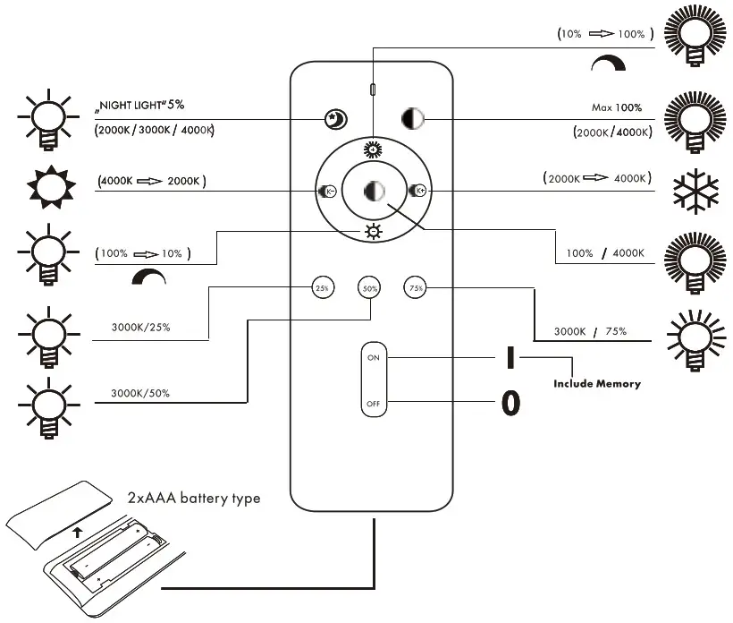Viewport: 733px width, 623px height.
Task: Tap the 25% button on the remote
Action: point(322,287)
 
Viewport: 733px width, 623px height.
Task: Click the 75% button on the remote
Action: point(414,287)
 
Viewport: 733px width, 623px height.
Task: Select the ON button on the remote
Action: point(373,357)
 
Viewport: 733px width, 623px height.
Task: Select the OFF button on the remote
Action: point(373,405)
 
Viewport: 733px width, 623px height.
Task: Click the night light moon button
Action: point(334,118)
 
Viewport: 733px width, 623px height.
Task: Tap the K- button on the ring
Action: point(326,190)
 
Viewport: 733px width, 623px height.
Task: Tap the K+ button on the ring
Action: point(417,190)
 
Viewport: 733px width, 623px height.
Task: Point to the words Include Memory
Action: point(596,383)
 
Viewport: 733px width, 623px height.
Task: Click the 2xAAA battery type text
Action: point(193,497)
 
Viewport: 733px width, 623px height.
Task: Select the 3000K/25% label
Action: point(140,327)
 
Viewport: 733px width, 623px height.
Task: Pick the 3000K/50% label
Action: point(140,392)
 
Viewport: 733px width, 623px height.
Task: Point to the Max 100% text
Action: point(617,107)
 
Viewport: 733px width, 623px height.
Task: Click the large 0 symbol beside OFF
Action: point(510,404)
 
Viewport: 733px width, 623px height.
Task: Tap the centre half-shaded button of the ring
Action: point(373,191)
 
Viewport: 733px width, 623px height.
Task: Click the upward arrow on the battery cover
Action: point(78,532)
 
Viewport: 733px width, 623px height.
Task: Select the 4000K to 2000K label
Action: point(151,181)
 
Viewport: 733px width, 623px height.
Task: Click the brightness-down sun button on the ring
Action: point(373,233)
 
